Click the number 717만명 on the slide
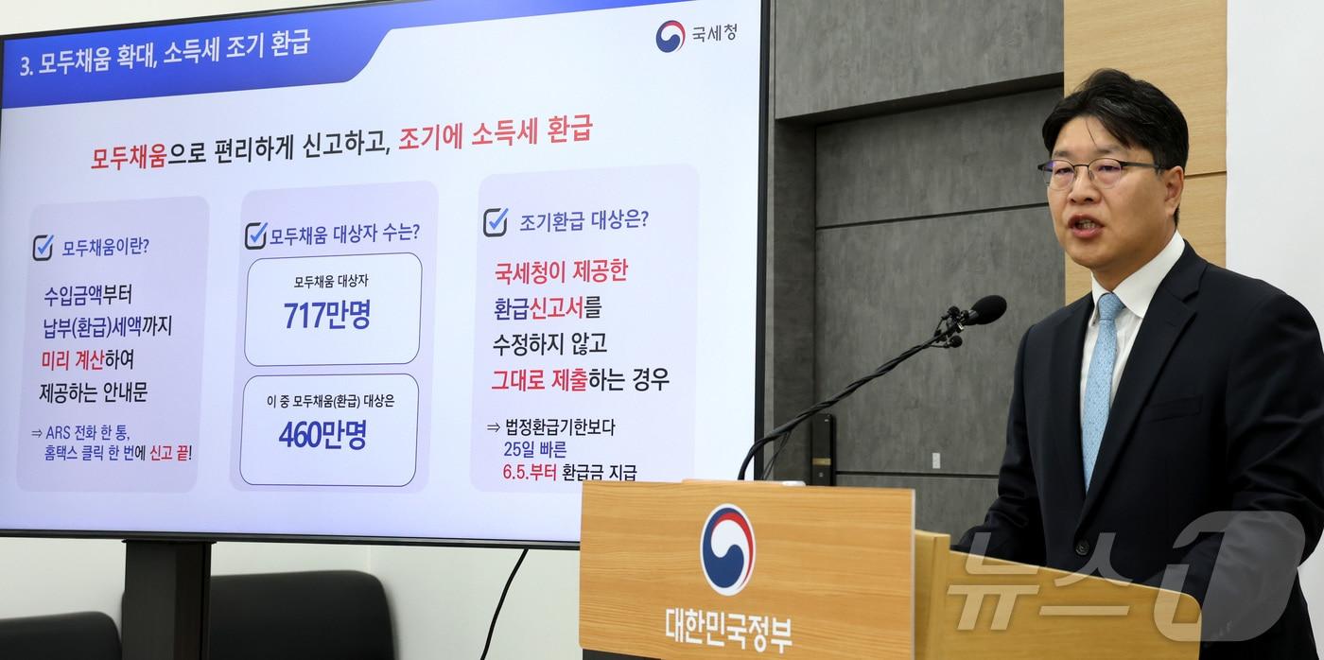pos(326,316)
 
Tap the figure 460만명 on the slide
pos(322,435)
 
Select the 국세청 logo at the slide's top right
pos(696,35)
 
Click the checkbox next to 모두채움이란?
pos(44,248)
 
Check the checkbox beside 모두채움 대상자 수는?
pos(255,235)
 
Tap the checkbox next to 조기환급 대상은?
pos(496,222)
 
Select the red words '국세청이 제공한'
pos(561,272)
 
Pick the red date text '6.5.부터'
pos(530,471)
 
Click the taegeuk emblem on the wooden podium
pos(727,548)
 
